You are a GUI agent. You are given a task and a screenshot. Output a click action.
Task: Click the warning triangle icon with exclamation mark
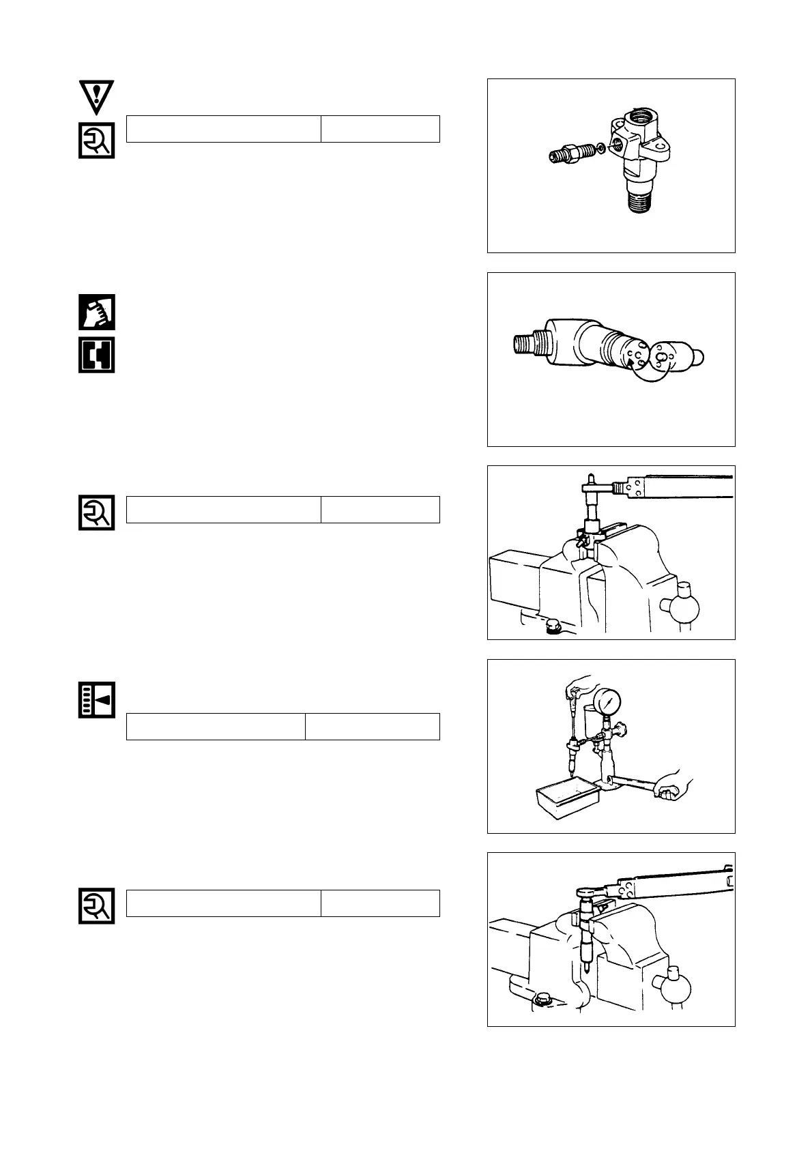pyautogui.click(x=96, y=97)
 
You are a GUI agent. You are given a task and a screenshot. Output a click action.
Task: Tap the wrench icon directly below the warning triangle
pyautogui.click(x=96, y=140)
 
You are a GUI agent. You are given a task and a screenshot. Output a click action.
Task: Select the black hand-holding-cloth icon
pyautogui.click(x=96, y=312)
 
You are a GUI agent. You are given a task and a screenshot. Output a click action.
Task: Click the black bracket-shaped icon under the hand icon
pyautogui.click(x=96, y=355)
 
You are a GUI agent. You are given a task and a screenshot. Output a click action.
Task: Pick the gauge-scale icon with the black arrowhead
pyautogui.click(x=96, y=699)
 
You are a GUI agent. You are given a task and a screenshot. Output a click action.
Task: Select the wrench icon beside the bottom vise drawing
pyautogui.click(x=96, y=906)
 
